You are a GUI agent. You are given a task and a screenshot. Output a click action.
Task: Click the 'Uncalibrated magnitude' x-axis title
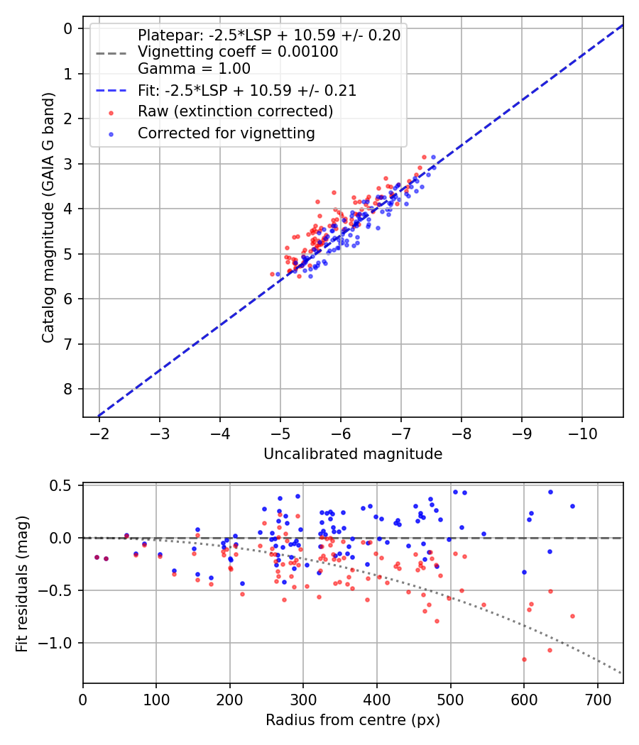[x=353, y=454]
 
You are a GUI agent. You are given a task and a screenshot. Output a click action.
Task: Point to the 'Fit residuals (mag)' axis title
[x=23, y=583]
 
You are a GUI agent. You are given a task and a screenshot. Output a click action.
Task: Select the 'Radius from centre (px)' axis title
[x=353, y=720]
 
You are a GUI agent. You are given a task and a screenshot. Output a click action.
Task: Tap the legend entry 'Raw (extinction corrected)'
[x=236, y=111]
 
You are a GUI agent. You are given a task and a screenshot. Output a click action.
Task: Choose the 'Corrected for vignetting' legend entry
[x=226, y=133]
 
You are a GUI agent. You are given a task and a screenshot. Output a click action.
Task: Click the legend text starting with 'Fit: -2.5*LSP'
[x=247, y=91]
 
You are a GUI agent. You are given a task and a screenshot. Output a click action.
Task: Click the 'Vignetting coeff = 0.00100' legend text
[x=238, y=52]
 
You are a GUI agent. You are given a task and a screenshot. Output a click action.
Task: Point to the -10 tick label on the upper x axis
[x=583, y=433]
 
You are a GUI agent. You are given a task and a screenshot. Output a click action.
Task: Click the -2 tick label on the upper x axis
[x=99, y=433]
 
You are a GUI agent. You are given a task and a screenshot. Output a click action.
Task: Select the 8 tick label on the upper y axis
[x=68, y=389]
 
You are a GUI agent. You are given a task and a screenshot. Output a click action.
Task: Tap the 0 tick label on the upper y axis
[x=68, y=28]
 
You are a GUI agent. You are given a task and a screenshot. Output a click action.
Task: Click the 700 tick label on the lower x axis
[x=598, y=699]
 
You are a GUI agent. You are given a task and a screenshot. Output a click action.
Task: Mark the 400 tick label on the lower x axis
[x=377, y=699]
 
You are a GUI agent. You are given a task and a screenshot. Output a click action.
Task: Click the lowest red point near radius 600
[x=524, y=659]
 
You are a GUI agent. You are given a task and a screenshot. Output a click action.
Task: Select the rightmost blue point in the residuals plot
[x=572, y=506]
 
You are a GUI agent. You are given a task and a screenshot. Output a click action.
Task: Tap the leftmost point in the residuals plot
[x=97, y=557]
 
